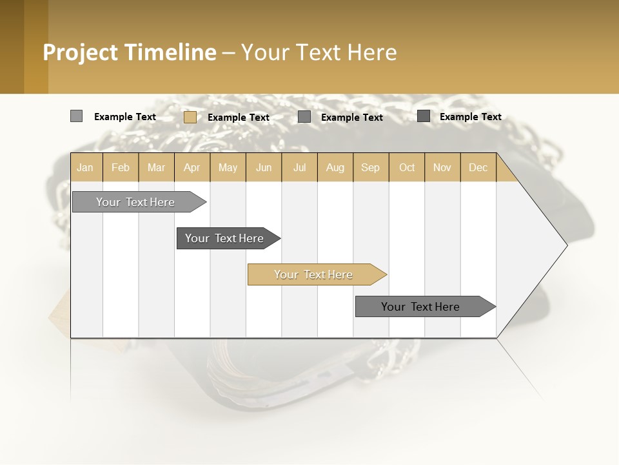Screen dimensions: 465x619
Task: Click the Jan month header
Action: (85, 167)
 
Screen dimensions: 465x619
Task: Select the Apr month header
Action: (192, 167)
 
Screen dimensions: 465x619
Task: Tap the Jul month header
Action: (300, 167)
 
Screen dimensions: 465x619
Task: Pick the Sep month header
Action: (370, 167)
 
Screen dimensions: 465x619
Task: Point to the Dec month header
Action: (478, 167)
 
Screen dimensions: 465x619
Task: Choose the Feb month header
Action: (121, 167)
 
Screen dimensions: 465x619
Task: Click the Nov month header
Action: (442, 167)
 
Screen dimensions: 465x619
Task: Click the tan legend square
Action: (190, 117)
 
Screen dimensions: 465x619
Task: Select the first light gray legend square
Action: (77, 116)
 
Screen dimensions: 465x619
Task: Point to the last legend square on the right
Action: (424, 116)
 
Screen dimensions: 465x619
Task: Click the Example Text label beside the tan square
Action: (239, 118)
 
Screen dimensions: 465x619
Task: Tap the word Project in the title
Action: (81, 52)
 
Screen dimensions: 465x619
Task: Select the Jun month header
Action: (264, 167)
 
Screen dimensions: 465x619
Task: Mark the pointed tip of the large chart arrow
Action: (566, 245)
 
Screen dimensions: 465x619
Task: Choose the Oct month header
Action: (407, 167)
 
